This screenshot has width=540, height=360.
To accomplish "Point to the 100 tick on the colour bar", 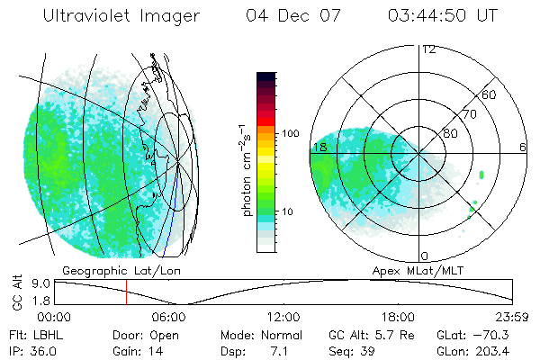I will (291, 133).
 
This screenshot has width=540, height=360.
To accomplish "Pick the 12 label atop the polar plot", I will (428, 49).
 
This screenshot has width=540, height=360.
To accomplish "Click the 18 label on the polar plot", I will (319, 147).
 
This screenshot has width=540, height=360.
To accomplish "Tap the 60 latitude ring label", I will (490, 94).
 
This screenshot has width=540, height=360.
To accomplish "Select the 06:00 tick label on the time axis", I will (169, 317).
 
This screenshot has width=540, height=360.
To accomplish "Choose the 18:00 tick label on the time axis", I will (398, 317).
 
